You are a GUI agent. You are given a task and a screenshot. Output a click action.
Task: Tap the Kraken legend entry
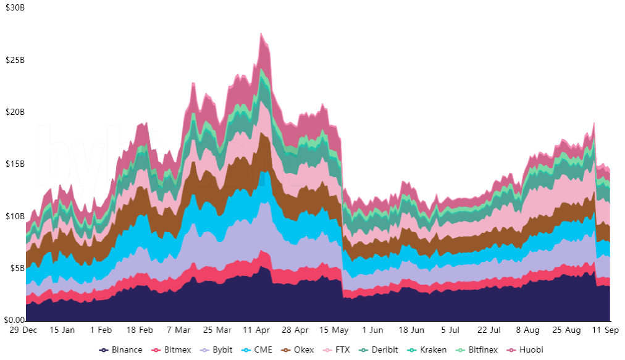click(x=427, y=350)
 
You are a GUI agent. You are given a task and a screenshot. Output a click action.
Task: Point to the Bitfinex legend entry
click(x=477, y=350)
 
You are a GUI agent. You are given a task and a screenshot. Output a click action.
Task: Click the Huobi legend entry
click(x=527, y=350)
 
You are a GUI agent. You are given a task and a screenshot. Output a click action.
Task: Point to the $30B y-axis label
click(x=15, y=8)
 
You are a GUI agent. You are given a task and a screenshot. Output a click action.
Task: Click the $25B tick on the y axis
click(x=15, y=61)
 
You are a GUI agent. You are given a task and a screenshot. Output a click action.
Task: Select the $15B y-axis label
click(x=15, y=164)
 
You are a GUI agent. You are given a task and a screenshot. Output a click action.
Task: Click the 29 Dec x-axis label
click(x=23, y=330)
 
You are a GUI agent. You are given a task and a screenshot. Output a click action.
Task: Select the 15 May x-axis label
click(x=335, y=330)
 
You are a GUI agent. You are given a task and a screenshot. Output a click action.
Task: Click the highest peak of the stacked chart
click(x=261, y=33)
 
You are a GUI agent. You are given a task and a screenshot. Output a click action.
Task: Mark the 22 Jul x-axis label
click(x=490, y=330)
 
